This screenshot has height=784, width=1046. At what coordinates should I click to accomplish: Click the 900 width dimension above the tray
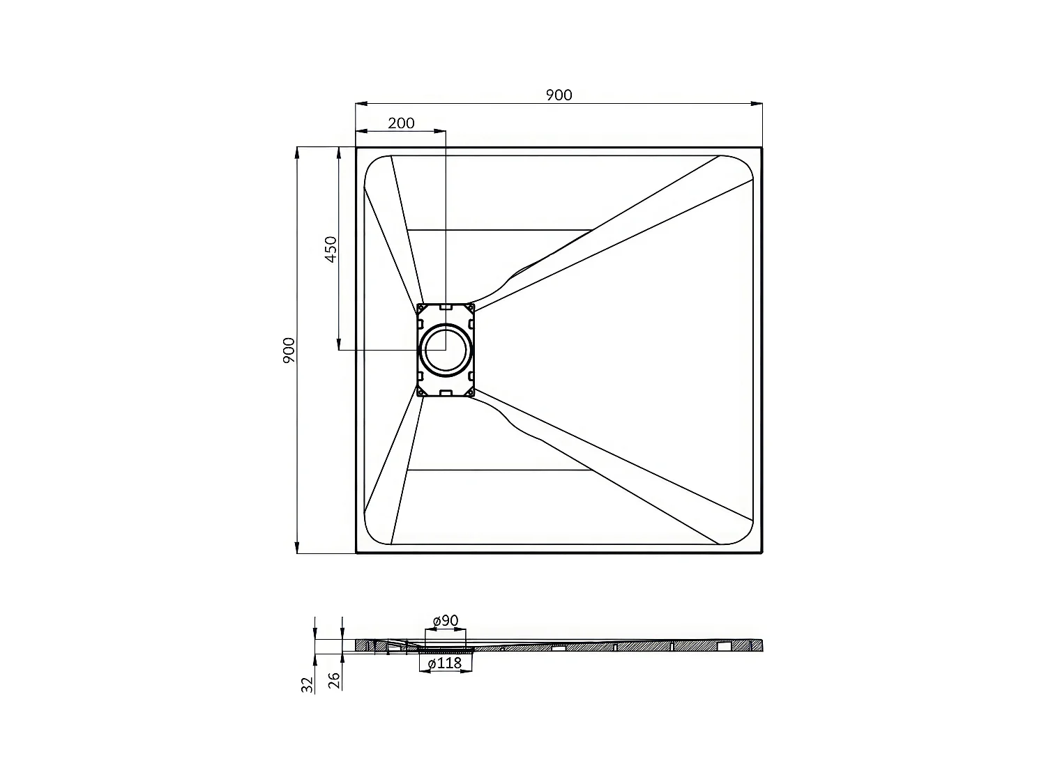[559, 95]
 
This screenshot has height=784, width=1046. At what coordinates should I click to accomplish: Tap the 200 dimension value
[401, 123]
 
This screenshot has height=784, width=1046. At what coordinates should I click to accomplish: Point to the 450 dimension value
[331, 249]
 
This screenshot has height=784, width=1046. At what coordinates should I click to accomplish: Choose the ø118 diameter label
[445, 663]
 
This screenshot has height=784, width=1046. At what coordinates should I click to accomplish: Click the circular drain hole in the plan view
[445, 348]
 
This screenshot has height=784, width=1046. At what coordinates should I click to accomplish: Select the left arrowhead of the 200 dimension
[361, 130]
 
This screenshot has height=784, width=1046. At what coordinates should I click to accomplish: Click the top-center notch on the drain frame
[446, 307]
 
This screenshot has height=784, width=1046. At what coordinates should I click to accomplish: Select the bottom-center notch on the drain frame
[446, 393]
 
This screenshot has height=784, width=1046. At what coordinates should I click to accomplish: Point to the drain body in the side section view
[446, 648]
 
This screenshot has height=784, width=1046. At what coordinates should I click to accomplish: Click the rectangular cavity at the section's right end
[725, 646]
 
